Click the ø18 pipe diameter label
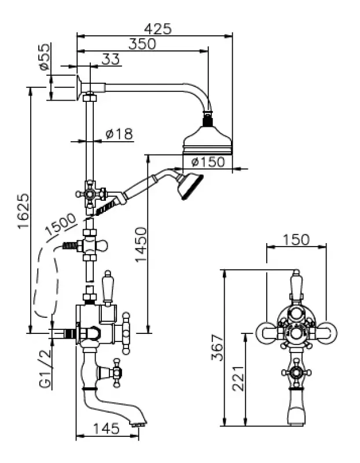(119, 134)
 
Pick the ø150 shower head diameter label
(207, 163)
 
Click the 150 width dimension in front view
(296, 239)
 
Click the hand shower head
(190, 185)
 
